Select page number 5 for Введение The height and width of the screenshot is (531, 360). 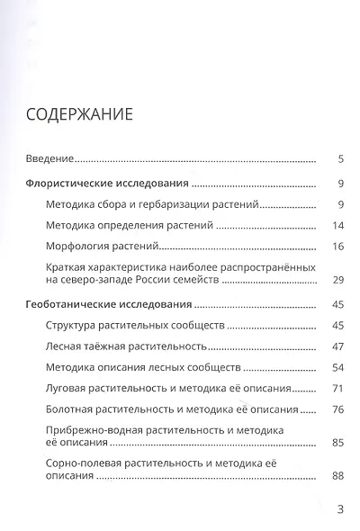341,159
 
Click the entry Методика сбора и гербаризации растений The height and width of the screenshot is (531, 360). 152,204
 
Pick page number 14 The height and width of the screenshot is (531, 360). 338,225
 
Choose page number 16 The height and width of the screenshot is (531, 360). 338,246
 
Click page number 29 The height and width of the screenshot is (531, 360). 338,281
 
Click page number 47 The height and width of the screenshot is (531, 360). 338,346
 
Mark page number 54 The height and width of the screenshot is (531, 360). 338,367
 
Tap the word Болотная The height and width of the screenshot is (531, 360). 69,409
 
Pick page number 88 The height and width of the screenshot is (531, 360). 338,475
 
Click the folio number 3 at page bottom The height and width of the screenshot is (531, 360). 340,509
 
